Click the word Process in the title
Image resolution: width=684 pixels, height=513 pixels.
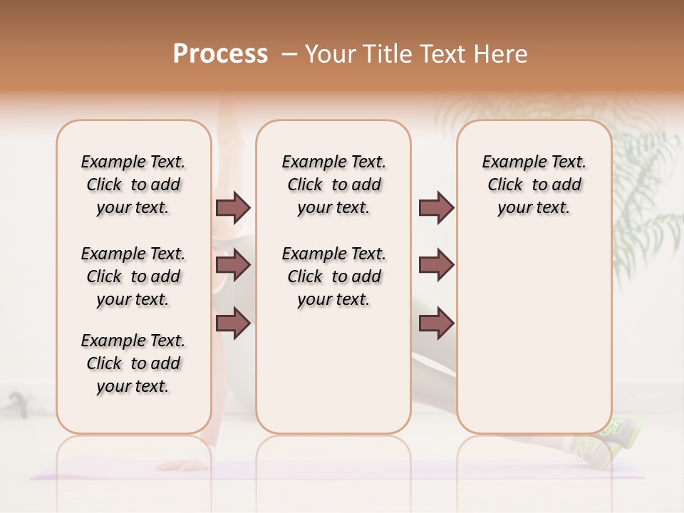pyautogui.click(x=220, y=54)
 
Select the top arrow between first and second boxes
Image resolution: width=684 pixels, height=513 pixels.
pyautogui.click(x=233, y=207)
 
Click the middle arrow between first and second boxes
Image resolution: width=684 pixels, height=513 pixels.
pyautogui.click(x=233, y=266)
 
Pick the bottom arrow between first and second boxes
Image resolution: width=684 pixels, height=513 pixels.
pyautogui.click(x=233, y=323)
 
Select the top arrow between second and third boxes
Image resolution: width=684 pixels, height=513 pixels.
pyautogui.click(x=436, y=207)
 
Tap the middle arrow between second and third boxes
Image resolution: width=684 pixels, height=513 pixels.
pyautogui.click(x=436, y=266)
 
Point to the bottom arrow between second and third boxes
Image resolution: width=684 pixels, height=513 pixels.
pyautogui.click(x=436, y=323)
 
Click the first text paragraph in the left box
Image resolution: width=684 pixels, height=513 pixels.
pyautogui.click(x=133, y=185)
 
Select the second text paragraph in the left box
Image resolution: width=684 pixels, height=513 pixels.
pyautogui.click(x=133, y=276)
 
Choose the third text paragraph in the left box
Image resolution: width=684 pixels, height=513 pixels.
pyautogui.click(x=133, y=363)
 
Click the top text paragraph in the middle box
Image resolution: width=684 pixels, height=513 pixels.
pyautogui.click(x=334, y=185)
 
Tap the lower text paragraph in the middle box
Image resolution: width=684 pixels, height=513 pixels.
pyautogui.click(x=334, y=276)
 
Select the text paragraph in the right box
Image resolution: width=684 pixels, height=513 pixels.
pyautogui.click(x=534, y=185)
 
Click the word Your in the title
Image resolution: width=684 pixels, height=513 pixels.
pyautogui.click(x=330, y=54)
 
